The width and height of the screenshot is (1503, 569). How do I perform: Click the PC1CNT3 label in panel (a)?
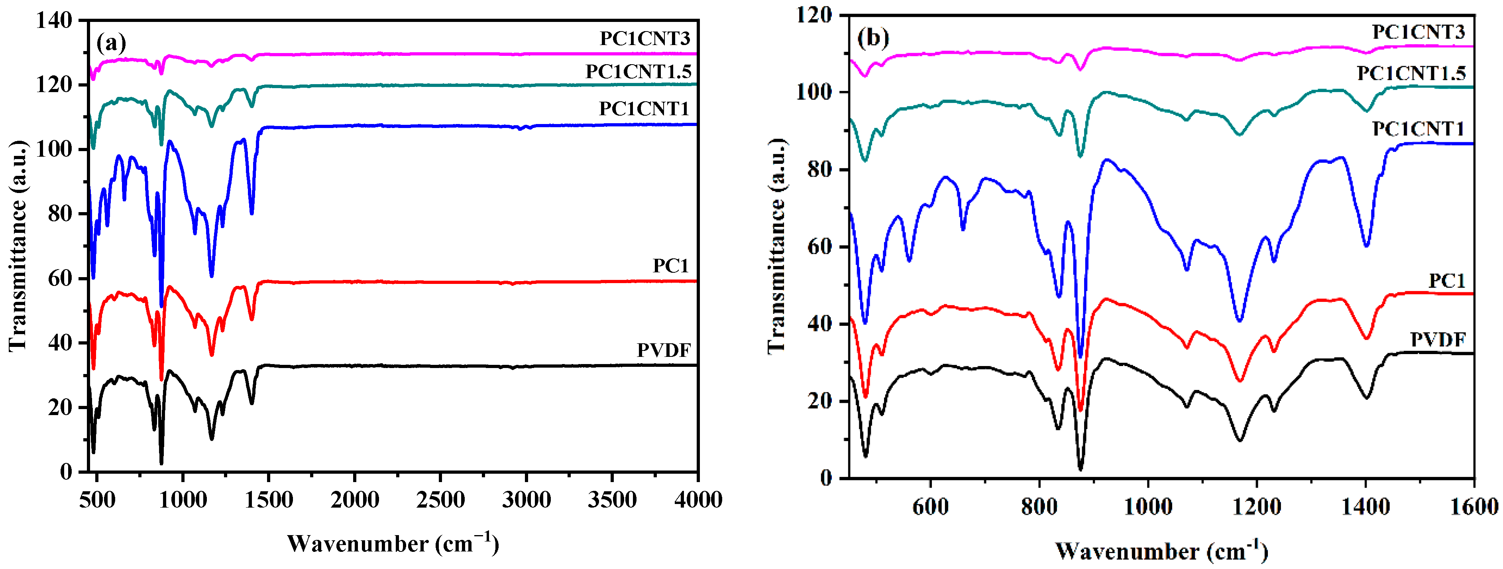(645, 39)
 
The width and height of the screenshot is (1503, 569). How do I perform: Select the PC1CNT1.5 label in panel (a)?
(639, 72)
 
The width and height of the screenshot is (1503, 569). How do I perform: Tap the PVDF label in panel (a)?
(663, 350)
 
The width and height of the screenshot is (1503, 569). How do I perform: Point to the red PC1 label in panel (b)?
(1446, 281)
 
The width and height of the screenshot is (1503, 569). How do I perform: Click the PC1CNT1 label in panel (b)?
(1418, 129)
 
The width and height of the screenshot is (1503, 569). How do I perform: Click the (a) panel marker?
(111, 43)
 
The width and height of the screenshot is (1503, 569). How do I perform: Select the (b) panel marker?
(873, 38)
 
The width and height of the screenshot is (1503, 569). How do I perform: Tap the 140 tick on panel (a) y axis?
(54, 21)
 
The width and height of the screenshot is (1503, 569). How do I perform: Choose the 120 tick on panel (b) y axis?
(815, 15)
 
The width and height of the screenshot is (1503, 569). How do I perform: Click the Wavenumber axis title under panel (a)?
(393, 544)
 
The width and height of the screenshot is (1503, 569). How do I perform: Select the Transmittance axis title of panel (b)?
(776, 245)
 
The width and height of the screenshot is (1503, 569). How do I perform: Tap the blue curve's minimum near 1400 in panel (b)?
(1366, 246)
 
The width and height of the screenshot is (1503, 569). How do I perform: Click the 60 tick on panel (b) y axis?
(820, 247)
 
